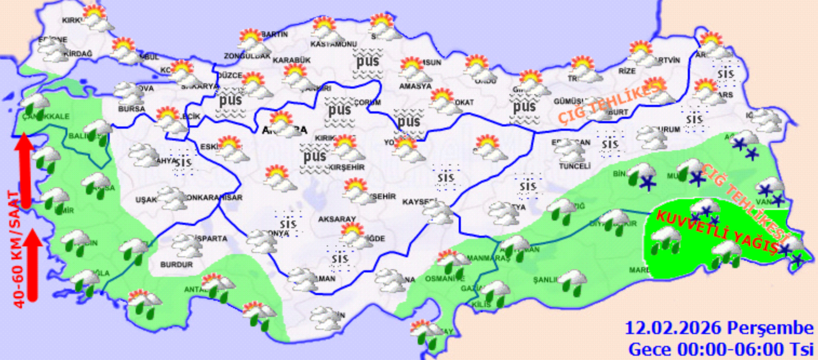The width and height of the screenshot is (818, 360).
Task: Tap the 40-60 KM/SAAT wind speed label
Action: pyautogui.click(x=18, y=249)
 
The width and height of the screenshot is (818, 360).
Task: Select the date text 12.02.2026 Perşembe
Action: pyautogui.click(x=719, y=328)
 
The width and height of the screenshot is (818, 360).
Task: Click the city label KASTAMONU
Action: pyautogui.click(x=334, y=44)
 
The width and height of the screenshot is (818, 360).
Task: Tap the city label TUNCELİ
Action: pyautogui.click(x=575, y=166)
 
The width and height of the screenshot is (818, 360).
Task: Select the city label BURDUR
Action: pyautogui.click(x=177, y=265)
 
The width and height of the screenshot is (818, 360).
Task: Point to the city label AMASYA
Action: pyautogui.click(x=415, y=86)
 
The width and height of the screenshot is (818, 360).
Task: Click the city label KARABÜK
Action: pyautogui.click(x=291, y=60)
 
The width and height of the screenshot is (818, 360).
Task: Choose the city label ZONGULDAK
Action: pyautogui.click(x=247, y=56)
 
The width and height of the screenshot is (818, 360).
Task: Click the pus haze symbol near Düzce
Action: pyautogui.click(x=230, y=103)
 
